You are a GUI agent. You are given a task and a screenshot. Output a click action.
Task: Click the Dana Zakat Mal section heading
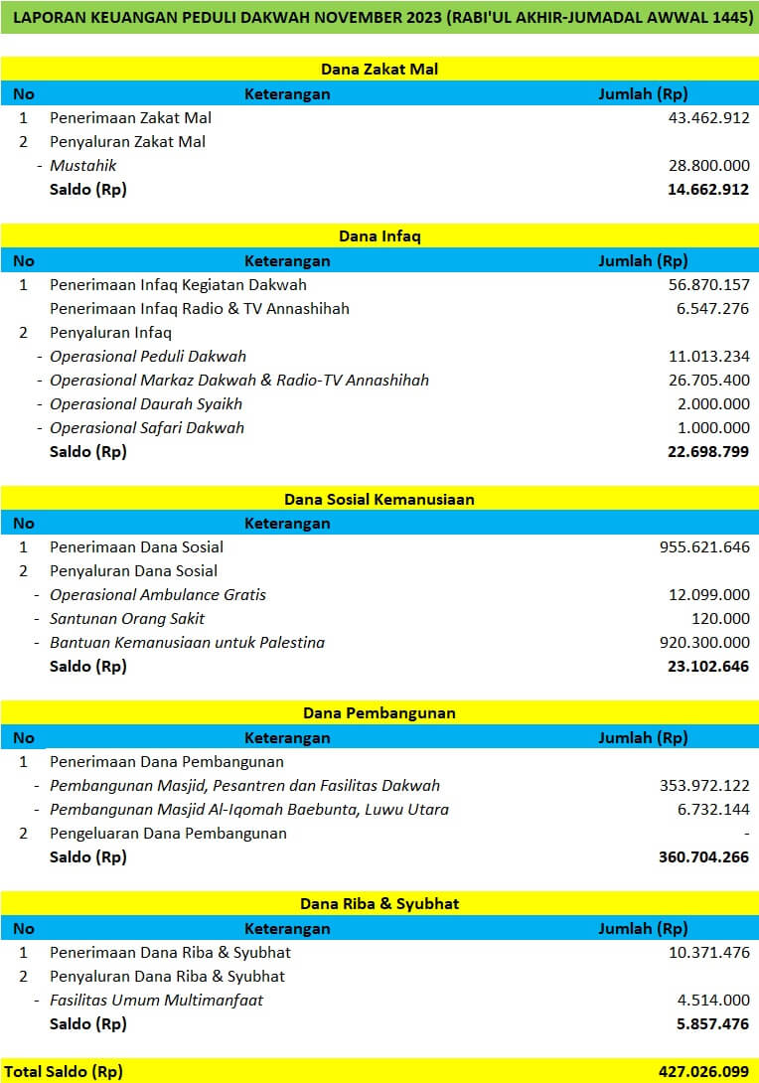click(379, 70)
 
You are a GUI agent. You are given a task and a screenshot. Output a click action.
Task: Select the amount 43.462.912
click(708, 117)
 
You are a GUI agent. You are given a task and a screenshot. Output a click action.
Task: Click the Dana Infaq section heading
click(379, 236)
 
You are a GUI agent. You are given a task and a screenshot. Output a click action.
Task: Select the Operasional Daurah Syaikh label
click(146, 403)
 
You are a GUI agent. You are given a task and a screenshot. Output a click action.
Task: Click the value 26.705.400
click(708, 380)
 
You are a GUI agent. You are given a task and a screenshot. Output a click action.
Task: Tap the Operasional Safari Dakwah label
click(147, 427)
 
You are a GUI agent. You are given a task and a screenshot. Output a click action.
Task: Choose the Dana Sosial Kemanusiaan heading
click(379, 499)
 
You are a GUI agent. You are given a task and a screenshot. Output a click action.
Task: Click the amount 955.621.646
click(704, 546)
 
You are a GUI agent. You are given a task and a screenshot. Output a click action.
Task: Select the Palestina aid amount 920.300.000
click(704, 642)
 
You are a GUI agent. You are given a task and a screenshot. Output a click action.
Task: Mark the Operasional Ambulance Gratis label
click(158, 594)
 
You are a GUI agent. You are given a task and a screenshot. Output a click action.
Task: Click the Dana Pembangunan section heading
click(379, 713)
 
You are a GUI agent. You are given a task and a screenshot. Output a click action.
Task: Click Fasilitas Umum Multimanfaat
click(157, 1000)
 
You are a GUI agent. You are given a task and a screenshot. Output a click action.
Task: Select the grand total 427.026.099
click(703, 1071)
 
